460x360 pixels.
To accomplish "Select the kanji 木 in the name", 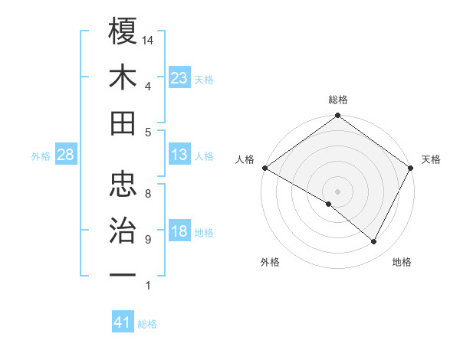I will point(123,77).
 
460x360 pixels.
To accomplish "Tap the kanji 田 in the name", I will point(123,123).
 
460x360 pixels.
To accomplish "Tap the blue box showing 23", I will point(179,77).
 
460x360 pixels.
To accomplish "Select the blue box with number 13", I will point(179,155).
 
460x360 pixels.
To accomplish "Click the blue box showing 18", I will point(179,232).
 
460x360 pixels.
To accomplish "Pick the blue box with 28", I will point(66,155).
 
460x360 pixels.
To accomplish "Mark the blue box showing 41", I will point(123,322).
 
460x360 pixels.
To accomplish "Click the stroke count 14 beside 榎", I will point(149,39).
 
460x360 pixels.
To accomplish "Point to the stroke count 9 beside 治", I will point(148,240).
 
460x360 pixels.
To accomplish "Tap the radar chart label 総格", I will point(337,100).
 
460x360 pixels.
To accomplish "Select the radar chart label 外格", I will point(270,262).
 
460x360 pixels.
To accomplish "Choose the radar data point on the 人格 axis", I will point(264,168).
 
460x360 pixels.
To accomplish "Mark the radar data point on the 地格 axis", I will point(374,242).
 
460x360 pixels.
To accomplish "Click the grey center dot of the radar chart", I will point(337,191).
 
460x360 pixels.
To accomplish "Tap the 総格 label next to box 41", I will point(147,324).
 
